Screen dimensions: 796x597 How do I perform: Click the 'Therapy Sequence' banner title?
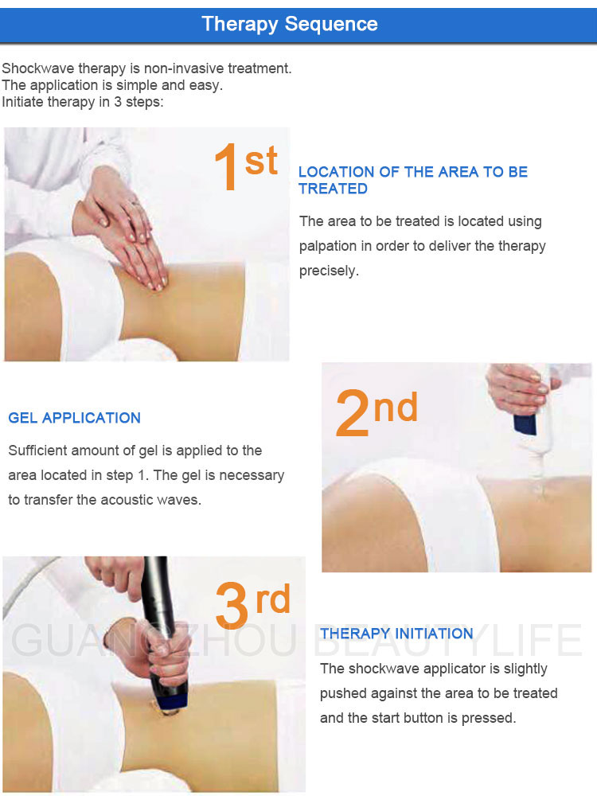tap(290, 23)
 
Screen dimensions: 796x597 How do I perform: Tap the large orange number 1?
tap(226, 168)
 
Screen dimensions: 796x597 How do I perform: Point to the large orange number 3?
tap(233, 607)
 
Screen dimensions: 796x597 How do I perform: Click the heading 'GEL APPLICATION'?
tap(74, 418)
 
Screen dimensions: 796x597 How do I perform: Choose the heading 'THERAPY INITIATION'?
tap(396, 634)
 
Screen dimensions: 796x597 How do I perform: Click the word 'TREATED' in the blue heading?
tap(333, 189)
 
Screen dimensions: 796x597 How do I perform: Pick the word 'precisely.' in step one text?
tap(329, 271)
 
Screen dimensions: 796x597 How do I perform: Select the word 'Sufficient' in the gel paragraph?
tap(38, 451)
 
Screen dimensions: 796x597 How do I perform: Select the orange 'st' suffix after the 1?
tap(261, 161)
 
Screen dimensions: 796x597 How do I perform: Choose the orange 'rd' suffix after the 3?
tap(272, 599)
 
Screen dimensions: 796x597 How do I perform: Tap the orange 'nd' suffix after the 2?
tap(396, 408)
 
